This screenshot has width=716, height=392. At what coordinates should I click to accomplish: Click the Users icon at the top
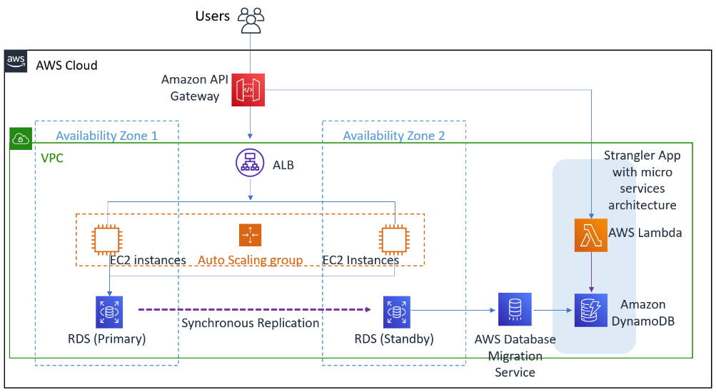pyautogui.click(x=250, y=20)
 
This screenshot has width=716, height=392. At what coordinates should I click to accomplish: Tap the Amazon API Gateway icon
pyautogui.click(x=248, y=91)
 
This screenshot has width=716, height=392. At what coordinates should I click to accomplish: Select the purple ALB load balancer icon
pyautogui.click(x=251, y=164)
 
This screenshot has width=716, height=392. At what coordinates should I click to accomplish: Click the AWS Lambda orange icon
pyautogui.click(x=591, y=236)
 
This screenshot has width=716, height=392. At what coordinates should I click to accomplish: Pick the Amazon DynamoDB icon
pyautogui.click(x=591, y=310)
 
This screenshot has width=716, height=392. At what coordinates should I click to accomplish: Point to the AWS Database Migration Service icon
pyautogui.click(x=515, y=310)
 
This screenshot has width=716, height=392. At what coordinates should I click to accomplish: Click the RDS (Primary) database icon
pyautogui.click(x=109, y=312)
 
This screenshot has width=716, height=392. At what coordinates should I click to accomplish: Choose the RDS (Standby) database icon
pyautogui.click(x=397, y=312)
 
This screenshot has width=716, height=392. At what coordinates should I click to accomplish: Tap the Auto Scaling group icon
pyautogui.click(x=251, y=235)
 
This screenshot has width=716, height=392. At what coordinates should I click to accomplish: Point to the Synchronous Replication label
pyautogui.click(x=250, y=323)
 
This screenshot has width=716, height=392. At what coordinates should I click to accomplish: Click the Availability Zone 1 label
pyautogui.click(x=106, y=136)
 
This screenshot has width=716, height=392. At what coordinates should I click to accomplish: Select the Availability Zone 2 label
pyautogui.click(x=393, y=136)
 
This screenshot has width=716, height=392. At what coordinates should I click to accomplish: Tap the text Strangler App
pyautogui.click(x=642, y=156)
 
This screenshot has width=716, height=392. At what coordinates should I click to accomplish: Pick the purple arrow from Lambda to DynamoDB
pyautogui.click(x=591, y=271)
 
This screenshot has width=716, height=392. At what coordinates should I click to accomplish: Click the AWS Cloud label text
pyautogui.click(x=66, y=66)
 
